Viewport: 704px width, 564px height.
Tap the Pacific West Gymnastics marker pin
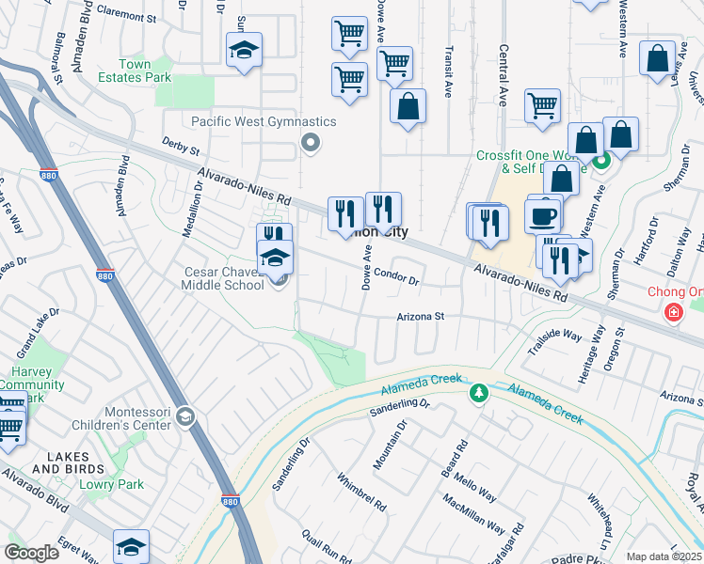point(310,143)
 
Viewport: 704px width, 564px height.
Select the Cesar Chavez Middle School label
point(223,278)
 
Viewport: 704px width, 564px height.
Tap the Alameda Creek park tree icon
point(479,392)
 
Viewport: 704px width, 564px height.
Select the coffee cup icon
point(544,215)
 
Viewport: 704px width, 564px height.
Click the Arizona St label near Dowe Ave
point(420,317)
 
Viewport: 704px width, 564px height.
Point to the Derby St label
point(181,146)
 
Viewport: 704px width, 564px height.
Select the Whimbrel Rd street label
point(362,490)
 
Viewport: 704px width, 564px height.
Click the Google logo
point(32,553)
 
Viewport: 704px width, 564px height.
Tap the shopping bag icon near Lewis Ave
point(657,56)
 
